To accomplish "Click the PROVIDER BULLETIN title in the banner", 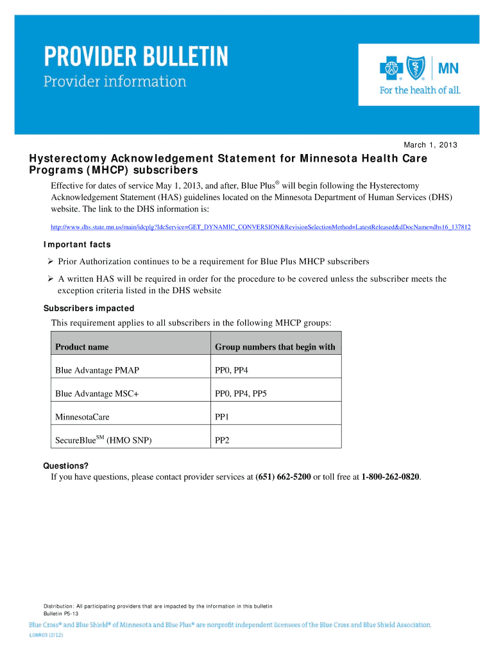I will (x=135, y=58).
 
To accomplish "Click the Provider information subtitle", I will (x=115, y=82).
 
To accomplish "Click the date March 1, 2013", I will (x=430, y=145).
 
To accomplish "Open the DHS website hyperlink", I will (x=260, y=227).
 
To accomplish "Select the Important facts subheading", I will (x=77, y=244).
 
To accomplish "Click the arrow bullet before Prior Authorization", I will (x=51, y=262).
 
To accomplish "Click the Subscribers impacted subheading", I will (x=89, y=308).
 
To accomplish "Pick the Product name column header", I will (x=82, y=347).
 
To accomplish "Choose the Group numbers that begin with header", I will (x=275, y=347).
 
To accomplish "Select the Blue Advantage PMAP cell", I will (x=97, y=370).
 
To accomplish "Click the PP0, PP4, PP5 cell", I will (x=241, y=393).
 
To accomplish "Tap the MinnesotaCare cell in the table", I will (x=82, y=417).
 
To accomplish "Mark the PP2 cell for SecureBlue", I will (x=222, y=441).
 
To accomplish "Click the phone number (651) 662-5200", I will (x=283, y=477).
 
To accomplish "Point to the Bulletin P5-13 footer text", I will (x=61, y=614).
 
